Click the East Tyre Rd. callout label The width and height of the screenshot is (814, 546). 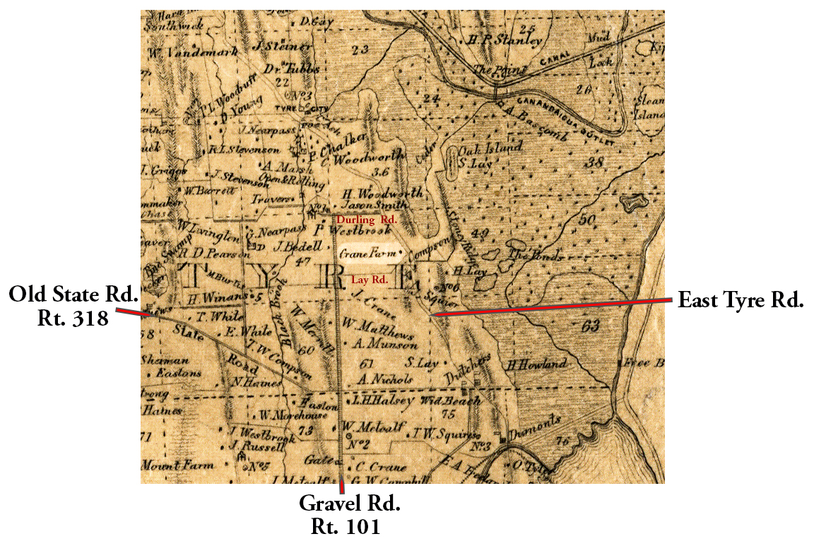tap(741, 301)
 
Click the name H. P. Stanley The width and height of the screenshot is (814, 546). tap(505, 41)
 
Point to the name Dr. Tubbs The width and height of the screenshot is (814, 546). tap(292, 69)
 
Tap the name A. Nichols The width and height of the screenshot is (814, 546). tap(385, 379)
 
